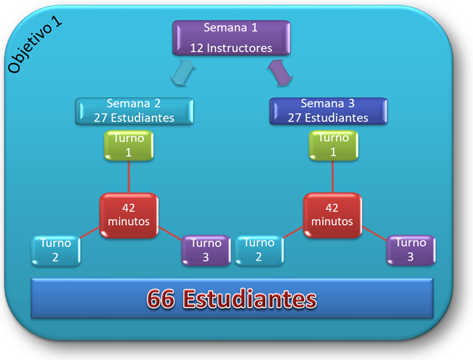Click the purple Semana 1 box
pyautogui.click(x=231, y=38)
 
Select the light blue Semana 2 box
pyautogui.click(x=134, y=111)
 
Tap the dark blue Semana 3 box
pyautogui.click(x=329, y=111)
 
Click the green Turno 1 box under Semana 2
pyautogui.click(x=129, y=146)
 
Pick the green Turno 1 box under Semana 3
pyautogui.click(x=333, y=146)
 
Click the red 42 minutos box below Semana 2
pyautogui.click(x=129, y=215)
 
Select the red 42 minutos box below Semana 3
pyautogui.click(x=332, y=215)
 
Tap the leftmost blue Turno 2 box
pyautogui.click(x=56, y=250)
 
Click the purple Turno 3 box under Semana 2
pyautogui.click(x=206, y=250)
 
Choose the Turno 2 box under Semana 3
pyautogui.click(x=259, y=250)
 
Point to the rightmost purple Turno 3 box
pyautogui.click(x=411, y=250)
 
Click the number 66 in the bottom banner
pyautogui.click(x=161, y=299)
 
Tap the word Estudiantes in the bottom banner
pyautogui.click(x=250, y=299)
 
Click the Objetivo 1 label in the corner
pyautogui.click(x=34, y=45)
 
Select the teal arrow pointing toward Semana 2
pyautogui.click(x=183, y=72)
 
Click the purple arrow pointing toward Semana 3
pyautogui.click(x=280, y=72)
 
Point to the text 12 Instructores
pyautogui.click(x=231, y=48)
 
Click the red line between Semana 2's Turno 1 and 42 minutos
pyautogui.click(x=129, y=177)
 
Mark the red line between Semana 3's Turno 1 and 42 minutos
pyautogui.click(x=332, y=177)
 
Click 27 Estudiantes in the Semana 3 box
pyautogui.click(x=328, y=118)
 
